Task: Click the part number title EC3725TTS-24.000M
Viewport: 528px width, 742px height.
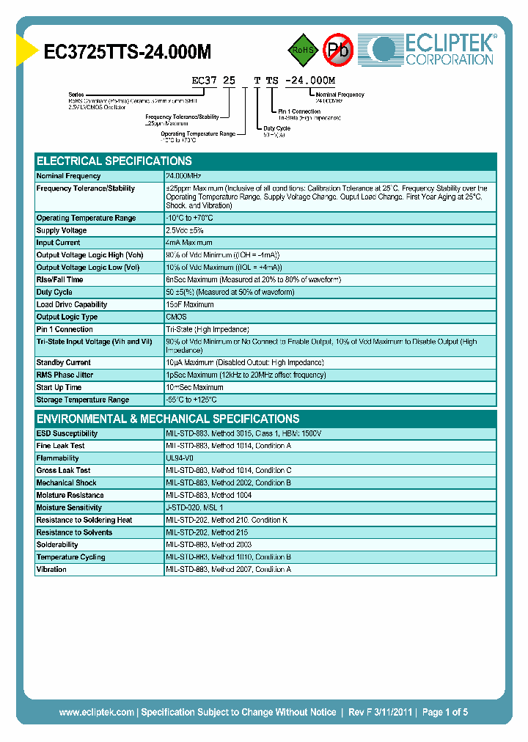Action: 128,52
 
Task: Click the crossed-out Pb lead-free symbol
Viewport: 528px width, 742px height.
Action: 338,50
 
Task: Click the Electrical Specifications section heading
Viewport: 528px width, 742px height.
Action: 114,161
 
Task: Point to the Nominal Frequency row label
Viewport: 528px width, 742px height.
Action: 68,176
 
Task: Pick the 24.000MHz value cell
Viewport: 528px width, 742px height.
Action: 183,176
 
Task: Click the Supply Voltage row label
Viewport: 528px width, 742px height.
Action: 62,230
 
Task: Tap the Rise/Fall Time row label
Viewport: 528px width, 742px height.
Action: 59,279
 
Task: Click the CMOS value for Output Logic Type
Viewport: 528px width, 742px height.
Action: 176,317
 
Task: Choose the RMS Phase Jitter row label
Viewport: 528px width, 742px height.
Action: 65,375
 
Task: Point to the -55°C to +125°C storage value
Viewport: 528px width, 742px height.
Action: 191,400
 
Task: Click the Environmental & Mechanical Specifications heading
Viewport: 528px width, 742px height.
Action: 168,419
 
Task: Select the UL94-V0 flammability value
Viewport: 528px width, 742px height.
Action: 180,458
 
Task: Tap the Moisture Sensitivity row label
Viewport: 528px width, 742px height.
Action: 69,507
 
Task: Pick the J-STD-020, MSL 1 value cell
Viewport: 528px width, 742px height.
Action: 194,507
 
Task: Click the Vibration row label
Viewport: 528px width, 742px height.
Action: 51,569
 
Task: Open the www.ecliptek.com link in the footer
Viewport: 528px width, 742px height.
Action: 96,712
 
